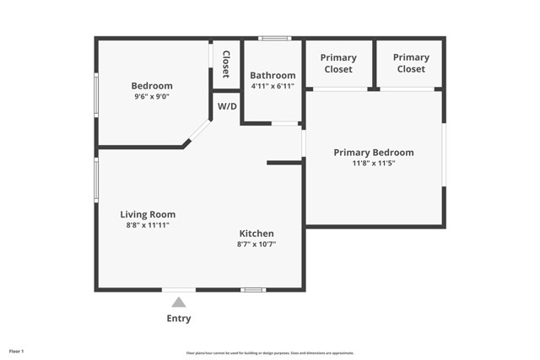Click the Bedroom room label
tap(152, 86)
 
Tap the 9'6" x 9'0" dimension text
tap(152, 97)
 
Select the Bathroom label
tap(273, 75)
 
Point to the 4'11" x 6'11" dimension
tap(273, 86)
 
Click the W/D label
tap(227, 107)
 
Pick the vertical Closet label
tap(226, 63)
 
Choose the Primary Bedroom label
tap(374, 153)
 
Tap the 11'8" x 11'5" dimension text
tap(374, 164)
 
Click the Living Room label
tap(148, 214)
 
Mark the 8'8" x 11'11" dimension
tap(148, 225)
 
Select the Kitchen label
tap(256, 234)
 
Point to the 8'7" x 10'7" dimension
tap(256, 244)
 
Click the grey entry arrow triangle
tap(179, 303)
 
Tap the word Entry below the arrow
tap(179, 319)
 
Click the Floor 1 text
tap(17, 351)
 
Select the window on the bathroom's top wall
tap(274, 39)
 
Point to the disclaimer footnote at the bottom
tap(270, 353)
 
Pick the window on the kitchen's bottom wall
tap(253, 290)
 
